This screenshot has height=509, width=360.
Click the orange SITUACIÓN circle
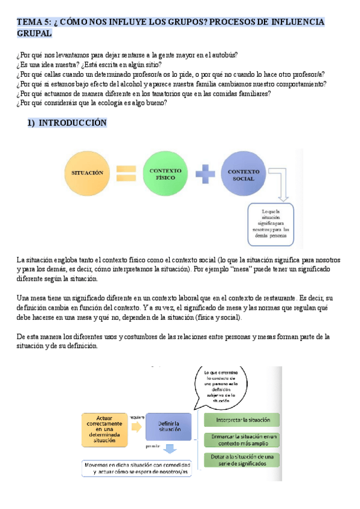[x=88, y=173]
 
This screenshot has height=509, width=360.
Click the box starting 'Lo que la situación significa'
[x=275, y=224]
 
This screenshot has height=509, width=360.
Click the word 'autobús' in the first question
[x=223, y=55]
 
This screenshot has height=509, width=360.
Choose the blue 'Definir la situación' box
[x=169, y=427]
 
